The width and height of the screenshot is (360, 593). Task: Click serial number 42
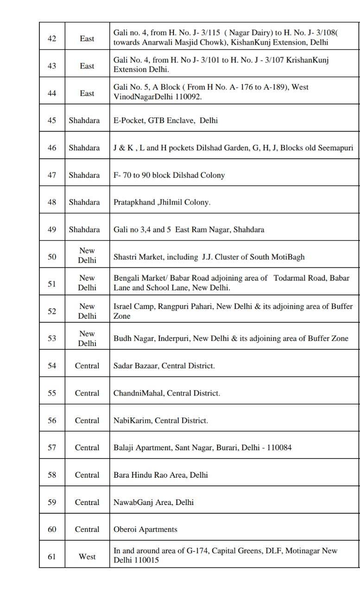(52, 38)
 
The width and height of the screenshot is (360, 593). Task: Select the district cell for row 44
(87, 93)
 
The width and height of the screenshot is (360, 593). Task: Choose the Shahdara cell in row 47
(84, 175)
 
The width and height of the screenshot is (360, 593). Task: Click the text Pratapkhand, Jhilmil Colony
(162, 202)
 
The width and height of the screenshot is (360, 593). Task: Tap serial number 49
(52, 230)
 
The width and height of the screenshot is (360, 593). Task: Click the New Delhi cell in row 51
(87, 283)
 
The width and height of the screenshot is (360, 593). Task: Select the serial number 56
(52, 420)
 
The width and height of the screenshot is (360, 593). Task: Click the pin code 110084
(276, 448)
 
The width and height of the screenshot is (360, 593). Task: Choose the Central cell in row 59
(87, 502)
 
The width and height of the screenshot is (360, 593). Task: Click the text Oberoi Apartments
(145, 529)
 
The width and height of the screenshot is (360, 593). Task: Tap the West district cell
(87, 556)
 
